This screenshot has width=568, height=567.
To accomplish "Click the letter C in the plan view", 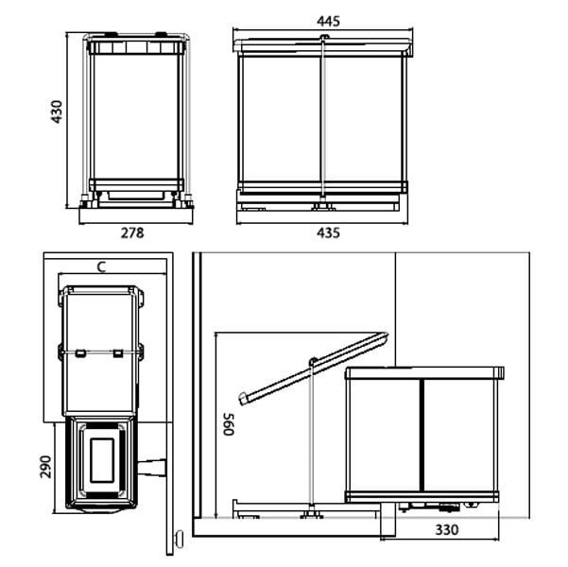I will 101,267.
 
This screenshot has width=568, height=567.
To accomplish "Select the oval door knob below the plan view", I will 177,540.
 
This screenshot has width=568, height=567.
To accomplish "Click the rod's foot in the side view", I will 310,515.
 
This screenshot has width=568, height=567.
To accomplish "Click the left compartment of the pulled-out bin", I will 382,435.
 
